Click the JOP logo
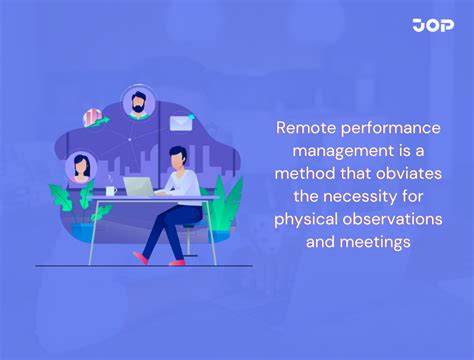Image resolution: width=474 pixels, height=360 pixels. click(x=432, y=25)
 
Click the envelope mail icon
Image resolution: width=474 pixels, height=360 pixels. click(x=181, y=123)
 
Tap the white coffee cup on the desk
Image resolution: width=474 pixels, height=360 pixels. click(x=111, y=190)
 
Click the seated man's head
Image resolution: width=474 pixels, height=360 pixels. click(x=177, y=157)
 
